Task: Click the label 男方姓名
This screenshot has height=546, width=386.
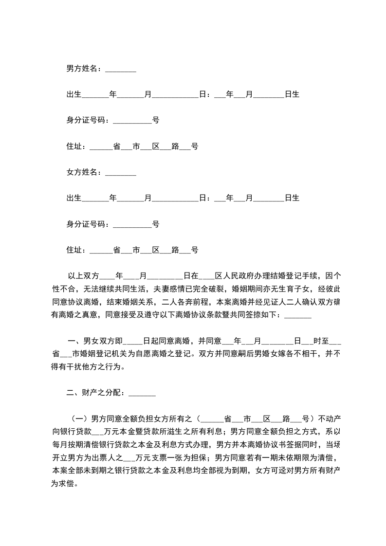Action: [x=82, y=69]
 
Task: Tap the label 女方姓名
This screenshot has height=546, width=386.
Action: [x=82, y=172]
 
